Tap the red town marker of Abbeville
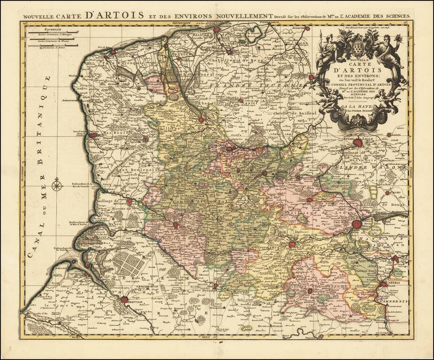124,300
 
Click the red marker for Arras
291,244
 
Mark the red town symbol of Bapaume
310,291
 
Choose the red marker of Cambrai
384,284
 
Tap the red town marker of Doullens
215,286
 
